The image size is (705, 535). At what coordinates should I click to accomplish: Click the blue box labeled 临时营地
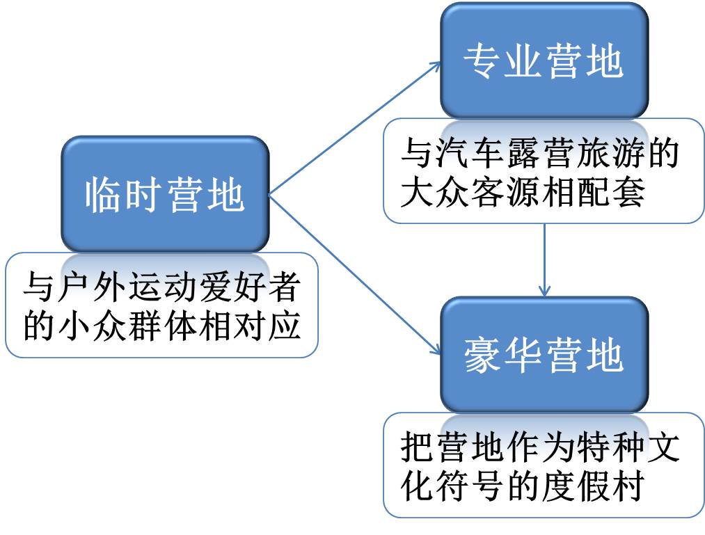165,194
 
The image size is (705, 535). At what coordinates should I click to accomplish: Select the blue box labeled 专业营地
544,61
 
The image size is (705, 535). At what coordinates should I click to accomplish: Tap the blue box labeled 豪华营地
544,356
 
